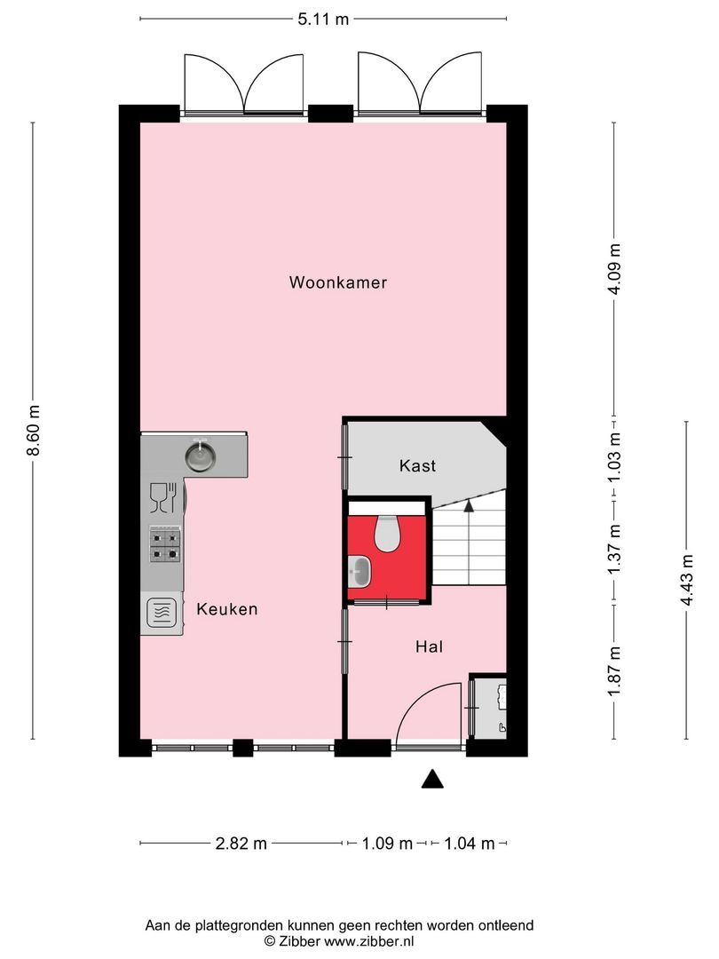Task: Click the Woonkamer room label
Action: pyautogui.click(x=337, y=283)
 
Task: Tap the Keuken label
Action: pyautogui.click(x=227, y=609)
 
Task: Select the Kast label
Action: pyautogui.click(x=417, y=465)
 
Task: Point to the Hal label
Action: pyautogui.click(x=429, y=646)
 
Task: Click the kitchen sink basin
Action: pyautogui.click(x=201, y=456)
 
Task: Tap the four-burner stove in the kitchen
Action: pyautogui.click(x=165, y=543)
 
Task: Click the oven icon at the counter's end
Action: pyautogui.click(x=162, y=612)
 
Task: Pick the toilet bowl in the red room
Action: pyautogui.click(x=386, y=533)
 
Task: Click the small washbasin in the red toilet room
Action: pyautogui.click(x=360, y=568)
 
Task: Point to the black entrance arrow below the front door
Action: pyautogui.click(x=431, y=779)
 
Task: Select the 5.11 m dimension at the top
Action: pyautogui.click(x=323, y=18)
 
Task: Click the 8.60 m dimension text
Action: pyautogui.click(x=34, y=431)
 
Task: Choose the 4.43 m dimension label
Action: pyautogui.click(x=686, y=579)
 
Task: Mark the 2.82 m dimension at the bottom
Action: pyautogui.click(x=241, y=844)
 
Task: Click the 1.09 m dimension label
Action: pyautogui.click(x=386, y=844)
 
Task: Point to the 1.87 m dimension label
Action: pyautogui.click(x=614, y=671)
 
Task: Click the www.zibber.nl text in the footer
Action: pyautogui.click(x=368, y=940)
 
